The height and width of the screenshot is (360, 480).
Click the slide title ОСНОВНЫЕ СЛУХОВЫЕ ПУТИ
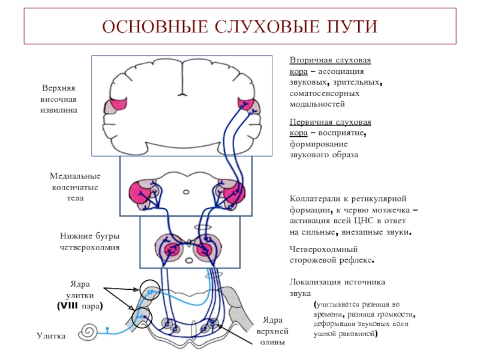(239, 28)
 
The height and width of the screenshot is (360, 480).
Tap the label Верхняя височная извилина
(59, 100)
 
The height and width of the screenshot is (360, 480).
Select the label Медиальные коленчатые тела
(74, 187)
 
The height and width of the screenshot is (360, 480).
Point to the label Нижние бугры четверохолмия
(89, 241)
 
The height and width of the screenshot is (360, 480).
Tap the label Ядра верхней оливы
(273, 331)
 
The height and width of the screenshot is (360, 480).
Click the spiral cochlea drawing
(92, 332)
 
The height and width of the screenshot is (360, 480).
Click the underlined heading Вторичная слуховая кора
(330, 66)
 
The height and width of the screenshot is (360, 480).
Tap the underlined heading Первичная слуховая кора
(330, 125)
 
